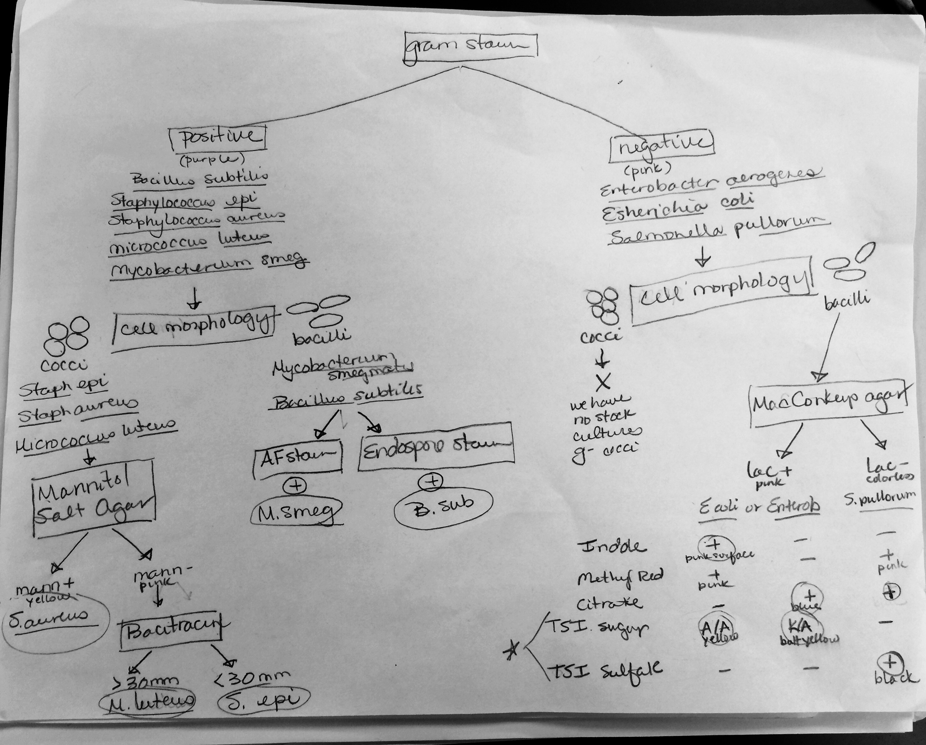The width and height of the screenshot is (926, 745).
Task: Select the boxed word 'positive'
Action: pyautogui.click(x=217, y=138)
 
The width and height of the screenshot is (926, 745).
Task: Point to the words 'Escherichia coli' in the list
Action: pyautogui.click(x=677, y=210)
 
